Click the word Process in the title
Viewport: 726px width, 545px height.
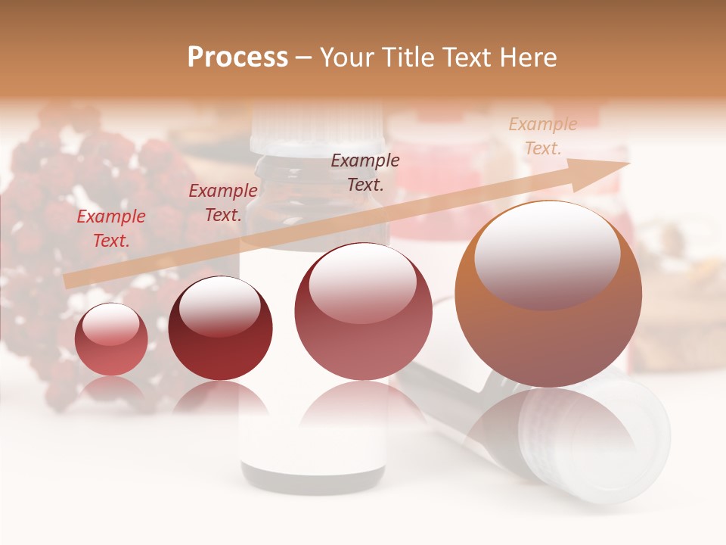(x=237, y=58)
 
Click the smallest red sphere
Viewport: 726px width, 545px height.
(x=112, y=340)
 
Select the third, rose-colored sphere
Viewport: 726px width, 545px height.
(x=362, y=311)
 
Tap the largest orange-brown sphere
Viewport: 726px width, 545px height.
(x=548, y=294)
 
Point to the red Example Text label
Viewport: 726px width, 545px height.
(x=110, y=229)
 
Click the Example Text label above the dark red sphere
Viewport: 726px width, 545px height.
(x=222, y=203)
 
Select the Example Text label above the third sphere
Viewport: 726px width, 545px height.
(x=365, y=172)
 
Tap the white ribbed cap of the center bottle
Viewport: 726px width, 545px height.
(x=318, y=129)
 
